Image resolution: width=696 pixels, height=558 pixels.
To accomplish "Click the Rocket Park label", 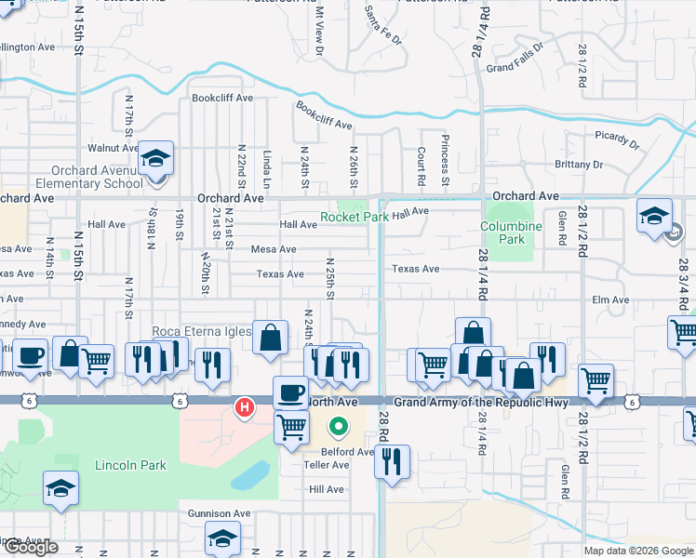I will click(354, 217).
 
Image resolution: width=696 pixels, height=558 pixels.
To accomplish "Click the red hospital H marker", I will click(245, 406).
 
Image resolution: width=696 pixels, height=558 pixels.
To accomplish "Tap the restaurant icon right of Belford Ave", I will click(392, 461).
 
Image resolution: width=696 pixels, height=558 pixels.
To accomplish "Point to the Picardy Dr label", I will click(618, 139).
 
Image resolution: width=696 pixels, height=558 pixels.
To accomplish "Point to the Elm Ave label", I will click(610, 300).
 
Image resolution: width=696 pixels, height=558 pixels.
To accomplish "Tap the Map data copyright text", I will click(637, 551).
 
